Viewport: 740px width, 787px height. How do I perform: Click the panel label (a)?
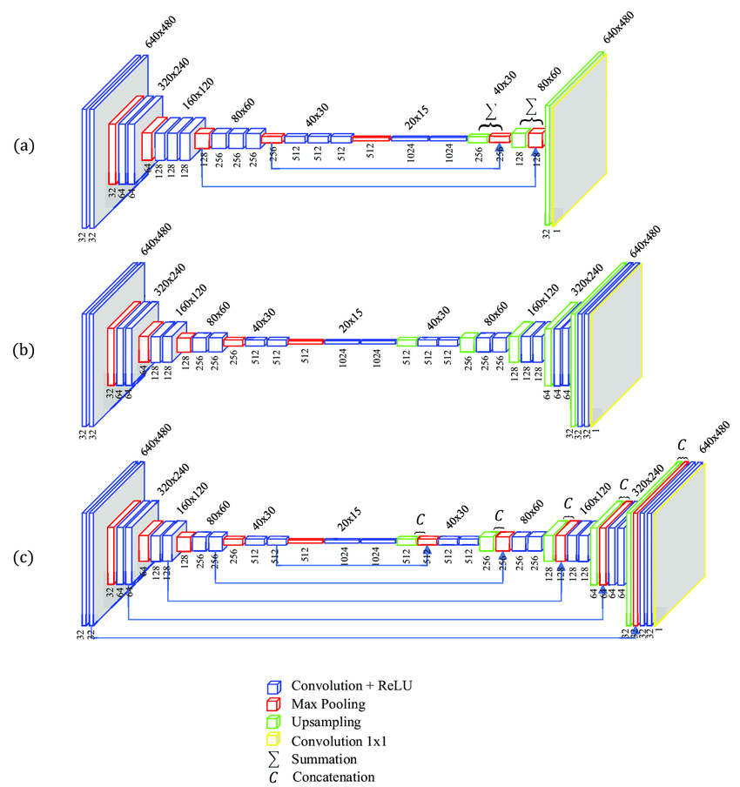click(24, 145)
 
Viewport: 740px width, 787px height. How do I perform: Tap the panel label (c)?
click(24, 556)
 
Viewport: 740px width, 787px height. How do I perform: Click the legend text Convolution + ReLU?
click(351, 685)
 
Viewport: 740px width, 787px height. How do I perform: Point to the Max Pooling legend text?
click(329, 703)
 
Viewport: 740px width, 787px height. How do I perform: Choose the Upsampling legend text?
click(326, 722)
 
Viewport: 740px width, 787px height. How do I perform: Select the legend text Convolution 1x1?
click(339, 740)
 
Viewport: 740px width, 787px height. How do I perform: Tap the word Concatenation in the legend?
click(334, 777)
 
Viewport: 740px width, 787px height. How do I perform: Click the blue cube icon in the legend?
click(273, 686)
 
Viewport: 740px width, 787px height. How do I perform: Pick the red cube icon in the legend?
click(273, 704)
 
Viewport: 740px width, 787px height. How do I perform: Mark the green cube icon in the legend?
click(273, 723)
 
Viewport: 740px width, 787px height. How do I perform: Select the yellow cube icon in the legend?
click(273, 741)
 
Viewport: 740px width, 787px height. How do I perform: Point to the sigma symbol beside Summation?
click(273, 758)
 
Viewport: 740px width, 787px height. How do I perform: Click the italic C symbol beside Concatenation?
click(273, 777)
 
